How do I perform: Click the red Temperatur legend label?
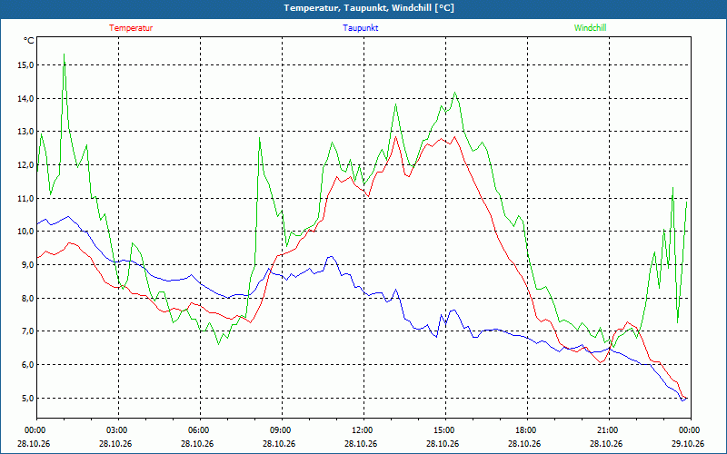coord(131,28)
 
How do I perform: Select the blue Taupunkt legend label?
coord(360,28)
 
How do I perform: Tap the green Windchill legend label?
coord(590,28)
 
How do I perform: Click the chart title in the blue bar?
coord(369,8)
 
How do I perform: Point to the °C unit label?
coord(29,41)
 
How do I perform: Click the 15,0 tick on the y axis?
coord(25,65)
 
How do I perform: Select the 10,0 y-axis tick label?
coord(25,232)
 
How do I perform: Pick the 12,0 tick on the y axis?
coord(25,165)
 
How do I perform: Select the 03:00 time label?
coord(118,430)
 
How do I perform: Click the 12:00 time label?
coord(363,430)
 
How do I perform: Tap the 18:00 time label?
coord(527,430)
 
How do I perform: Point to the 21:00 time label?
coord(609,430)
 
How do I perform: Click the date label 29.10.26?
coord(688,443)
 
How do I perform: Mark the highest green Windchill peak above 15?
coord(64,54)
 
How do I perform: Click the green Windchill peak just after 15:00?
coord(455,93)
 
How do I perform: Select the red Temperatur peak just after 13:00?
coord(396,136)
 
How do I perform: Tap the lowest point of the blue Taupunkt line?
coord(682,400)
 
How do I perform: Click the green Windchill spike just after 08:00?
coord(260,138)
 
